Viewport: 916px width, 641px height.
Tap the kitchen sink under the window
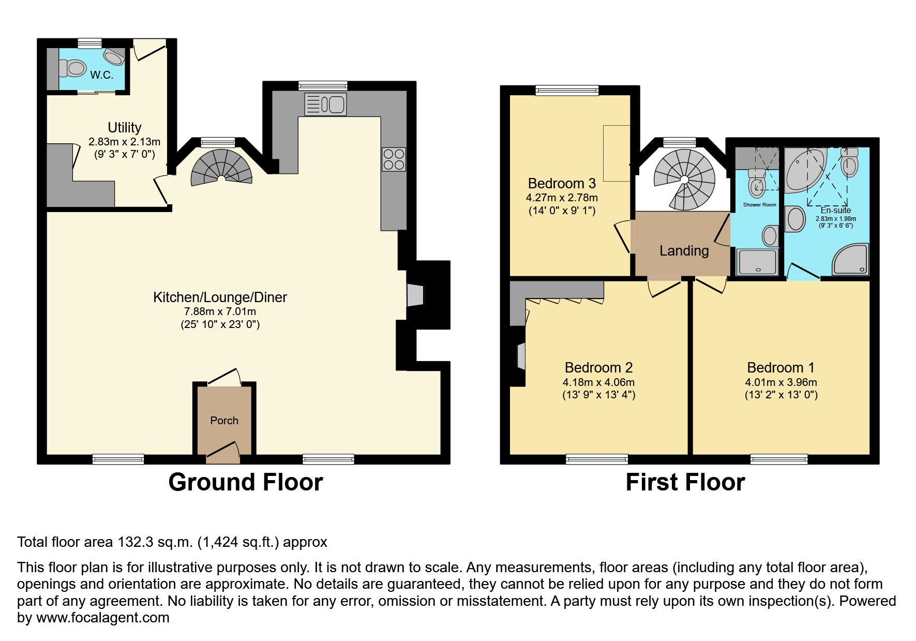pyautogui.click(x=326, y=105)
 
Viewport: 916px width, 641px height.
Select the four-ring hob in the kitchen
pyautogui.click(x=394, y=159)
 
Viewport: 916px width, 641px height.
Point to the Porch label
pyautogui.click(x=224, y=421)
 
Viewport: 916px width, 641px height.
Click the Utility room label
pyautogui.click(x=124, y=127)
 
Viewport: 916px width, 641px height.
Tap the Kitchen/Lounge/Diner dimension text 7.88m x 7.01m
pyautogui.click(x=220, y=311)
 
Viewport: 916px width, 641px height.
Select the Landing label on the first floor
pyautogui.click(x=684, y=251)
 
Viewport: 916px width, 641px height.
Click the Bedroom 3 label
pyautogui.click(x=562, y=183)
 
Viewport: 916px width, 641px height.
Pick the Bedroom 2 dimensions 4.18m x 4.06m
pyautogui.click(x=598, y=382)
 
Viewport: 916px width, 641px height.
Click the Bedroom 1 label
pyautogui.click(x=780, y=368)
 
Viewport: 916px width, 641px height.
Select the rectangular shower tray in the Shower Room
pyautogui.click(x=758, y=262)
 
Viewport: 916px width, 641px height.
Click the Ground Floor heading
pyautogui.click(x=245, y=482)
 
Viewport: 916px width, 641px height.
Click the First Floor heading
pyautogui.click(x=685, y=482)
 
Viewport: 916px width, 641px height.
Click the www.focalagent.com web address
pyautogui.click(x=102, y=618)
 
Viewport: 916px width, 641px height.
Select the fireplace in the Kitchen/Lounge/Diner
pyautogui.click(x=415, y=295)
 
